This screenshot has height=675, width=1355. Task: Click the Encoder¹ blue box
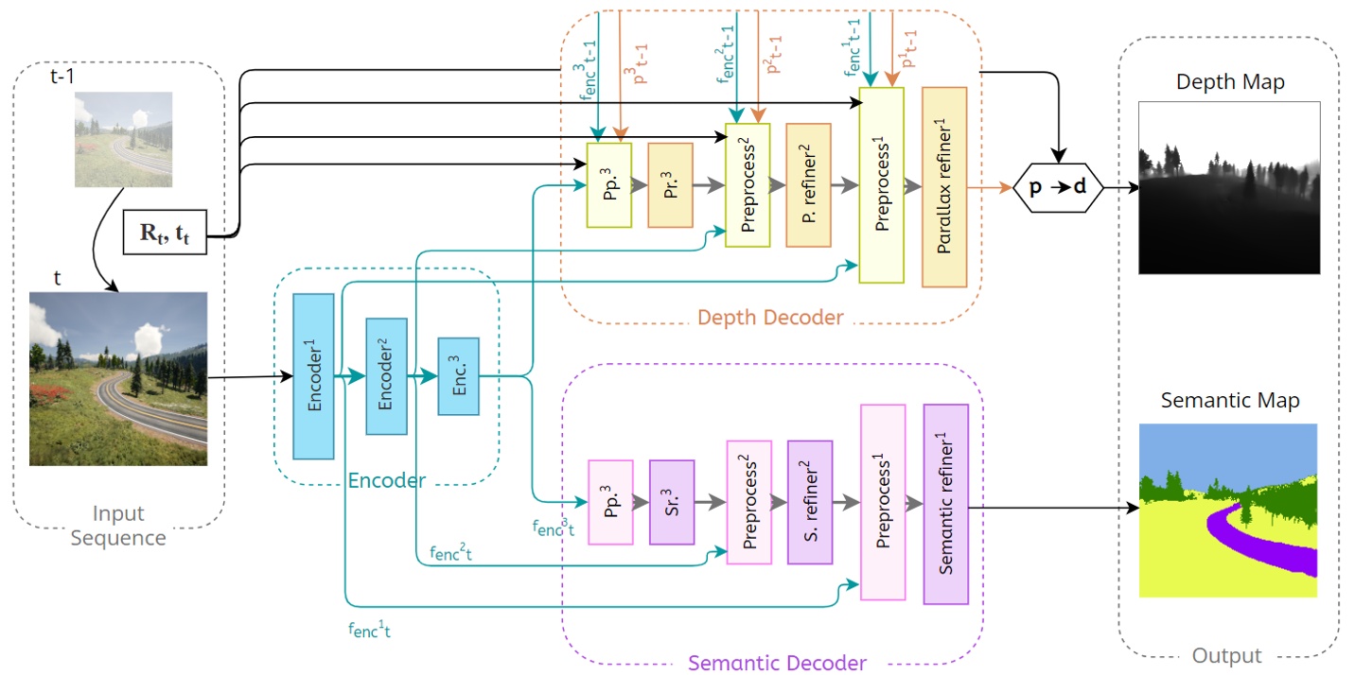point(313,376)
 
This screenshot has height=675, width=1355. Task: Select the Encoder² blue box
point(386,376)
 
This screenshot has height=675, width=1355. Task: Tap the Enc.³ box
point(458,376)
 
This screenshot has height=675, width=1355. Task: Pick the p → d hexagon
point(1058,186)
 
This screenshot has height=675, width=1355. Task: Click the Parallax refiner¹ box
point(943,186)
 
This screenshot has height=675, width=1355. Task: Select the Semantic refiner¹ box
point(946,504)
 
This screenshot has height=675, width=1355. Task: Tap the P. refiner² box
point(808,185)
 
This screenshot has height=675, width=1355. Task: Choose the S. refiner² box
point(810,502)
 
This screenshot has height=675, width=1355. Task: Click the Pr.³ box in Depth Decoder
point(670,185)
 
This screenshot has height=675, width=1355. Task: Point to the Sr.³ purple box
point(672,502)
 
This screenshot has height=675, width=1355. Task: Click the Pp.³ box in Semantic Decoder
point(609,502)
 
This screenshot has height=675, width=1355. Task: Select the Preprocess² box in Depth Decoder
point(748,185)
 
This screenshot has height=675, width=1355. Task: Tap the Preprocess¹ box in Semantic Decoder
point(883,502)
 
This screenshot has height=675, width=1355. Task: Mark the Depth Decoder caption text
point(769,317)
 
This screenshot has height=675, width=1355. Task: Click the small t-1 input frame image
point(124,139)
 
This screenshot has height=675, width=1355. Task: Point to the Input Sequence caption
point(119,526)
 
